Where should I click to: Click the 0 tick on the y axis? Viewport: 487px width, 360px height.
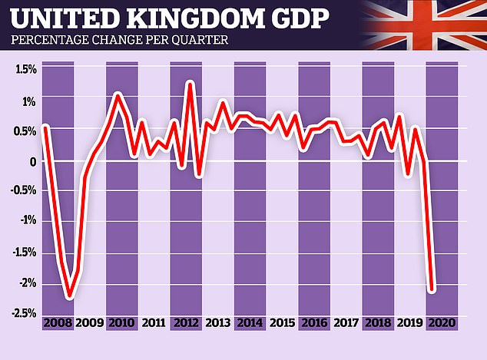[32, 162]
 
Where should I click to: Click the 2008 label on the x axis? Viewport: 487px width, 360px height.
[58, 323]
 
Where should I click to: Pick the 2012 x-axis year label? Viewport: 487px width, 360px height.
[186, 323]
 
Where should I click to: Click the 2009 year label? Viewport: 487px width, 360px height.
[91, 323]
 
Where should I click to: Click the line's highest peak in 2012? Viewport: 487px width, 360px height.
[190, 83]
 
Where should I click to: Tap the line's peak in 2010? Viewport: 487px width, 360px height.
[118, 94]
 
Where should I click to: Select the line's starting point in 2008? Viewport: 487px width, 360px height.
[45, 127]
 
